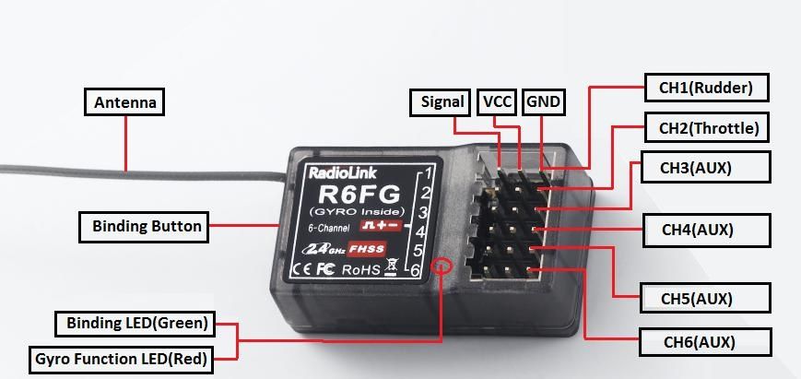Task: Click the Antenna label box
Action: tap(125, 101)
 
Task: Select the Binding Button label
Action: tap(147, 225)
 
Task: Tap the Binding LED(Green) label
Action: tap(136, 324)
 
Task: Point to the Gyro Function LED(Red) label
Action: tap(120, 358)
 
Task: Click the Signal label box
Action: tap(441, 101)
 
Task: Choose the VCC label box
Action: tap(497, 101)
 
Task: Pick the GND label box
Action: tap(543, 101)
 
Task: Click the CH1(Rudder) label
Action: tap(706, 89)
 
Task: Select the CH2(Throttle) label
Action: tap(708, 128)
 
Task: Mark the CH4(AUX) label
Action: tap(706, 229)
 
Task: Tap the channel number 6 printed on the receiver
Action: tap(417, 270)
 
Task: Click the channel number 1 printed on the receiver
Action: tap(427, 174)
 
